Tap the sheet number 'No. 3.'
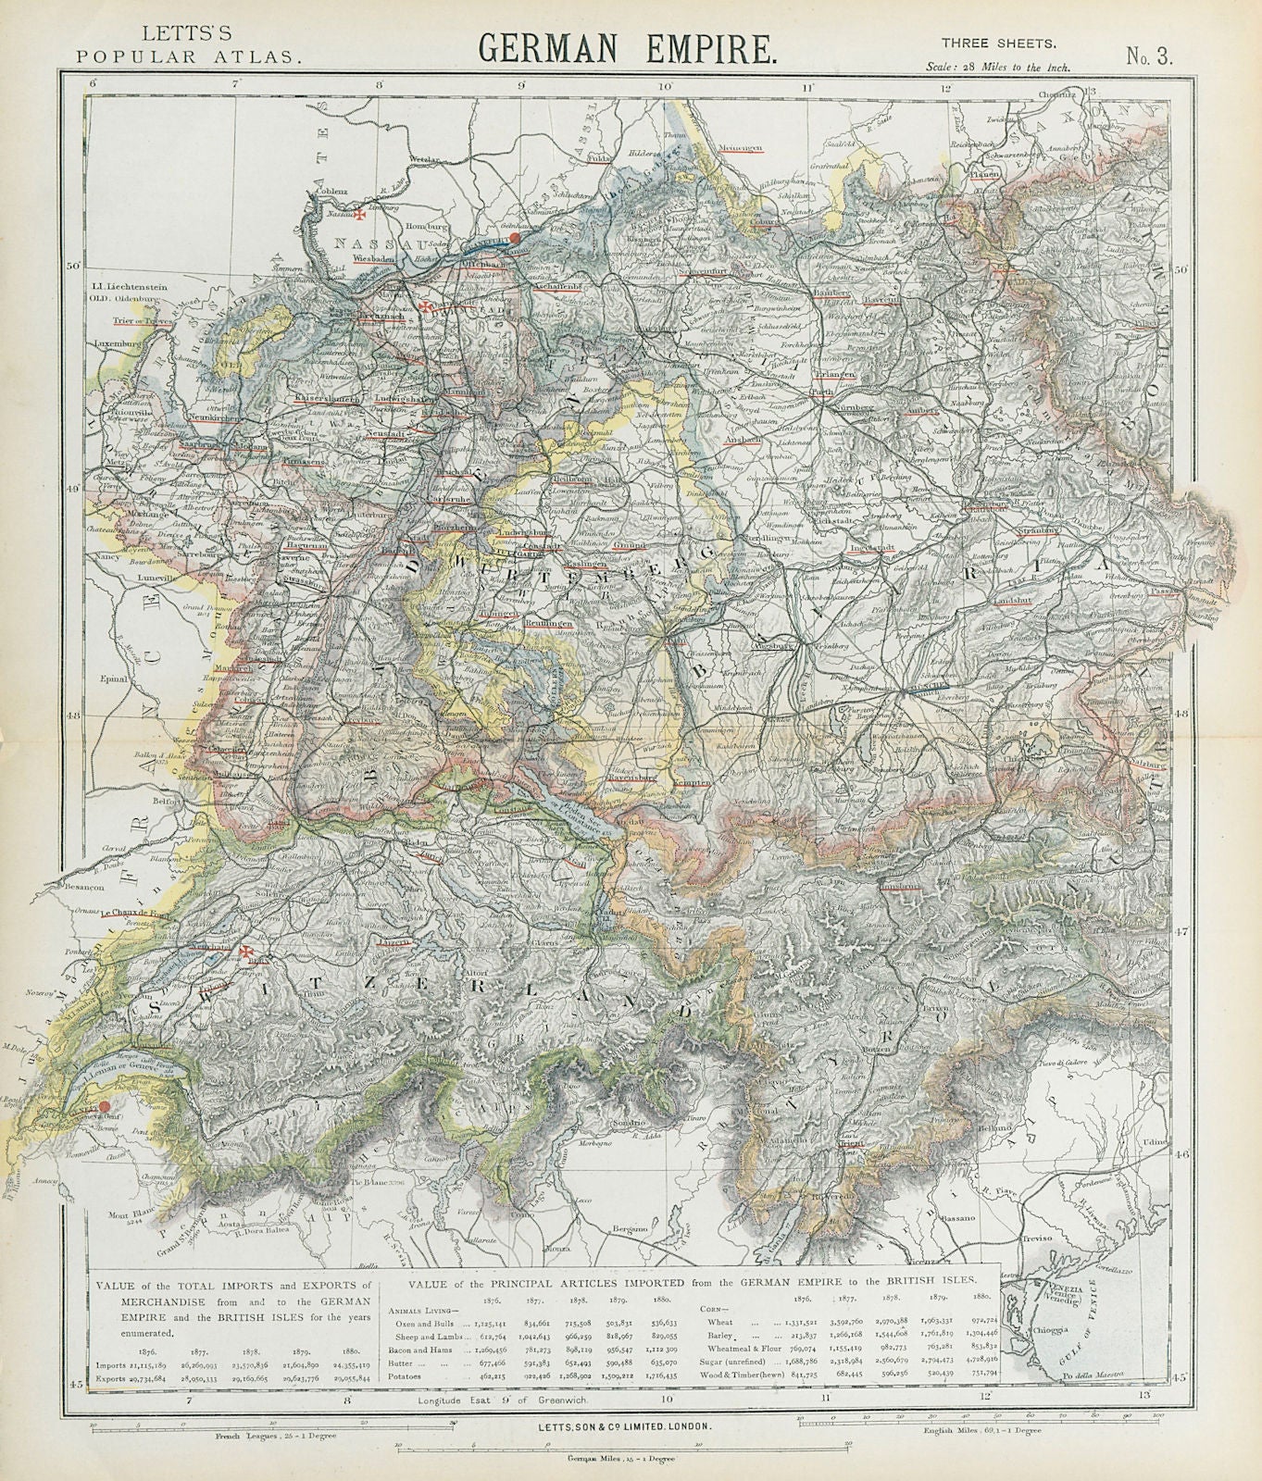[x=1149, y=55]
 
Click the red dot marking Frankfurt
[x=515, y=237]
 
